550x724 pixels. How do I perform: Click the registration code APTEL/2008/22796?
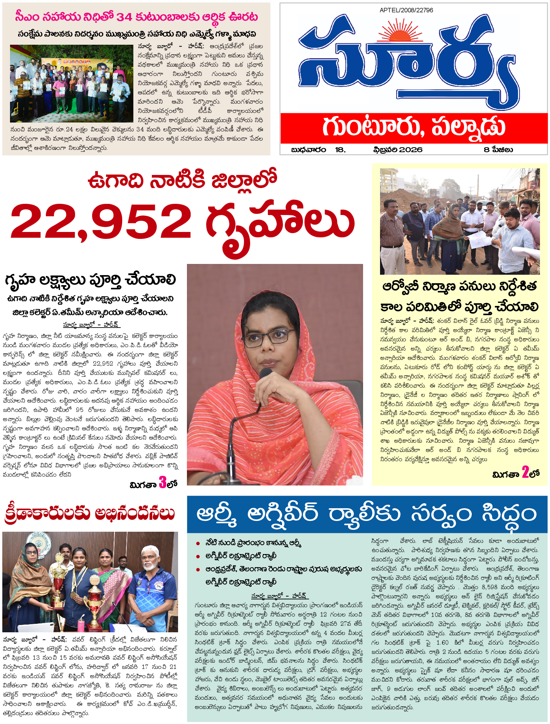(x=406, y=10)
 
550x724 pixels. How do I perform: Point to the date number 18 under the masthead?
(x=340, y=150)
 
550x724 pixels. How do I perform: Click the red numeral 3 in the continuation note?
(x=163, y=482)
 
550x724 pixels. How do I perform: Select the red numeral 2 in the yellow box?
(x=525, y=472)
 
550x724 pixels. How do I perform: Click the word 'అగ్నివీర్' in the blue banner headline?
(x=283, y=514)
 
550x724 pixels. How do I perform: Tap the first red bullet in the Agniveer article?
(x=198, y=543)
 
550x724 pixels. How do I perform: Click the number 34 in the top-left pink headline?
(x=124, y=17)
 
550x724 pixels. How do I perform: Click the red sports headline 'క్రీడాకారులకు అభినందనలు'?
(x=89, y=513)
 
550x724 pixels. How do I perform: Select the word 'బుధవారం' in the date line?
(x=308, y=150)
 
